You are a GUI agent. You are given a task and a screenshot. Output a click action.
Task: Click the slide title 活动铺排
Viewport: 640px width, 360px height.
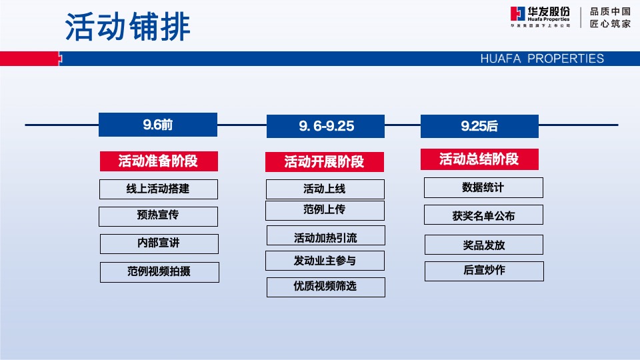(127, 27)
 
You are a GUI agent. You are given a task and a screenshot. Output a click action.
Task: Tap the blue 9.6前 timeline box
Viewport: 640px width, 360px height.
(158, 125)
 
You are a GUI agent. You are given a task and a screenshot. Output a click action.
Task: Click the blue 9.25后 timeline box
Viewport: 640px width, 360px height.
(479, 126)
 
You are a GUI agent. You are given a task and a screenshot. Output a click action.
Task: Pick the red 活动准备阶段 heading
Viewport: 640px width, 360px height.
(158, 161)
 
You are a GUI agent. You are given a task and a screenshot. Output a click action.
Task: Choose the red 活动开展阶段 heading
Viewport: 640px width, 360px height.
(324, 162)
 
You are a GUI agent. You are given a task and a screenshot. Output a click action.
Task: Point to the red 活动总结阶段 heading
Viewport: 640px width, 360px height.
(479, 159)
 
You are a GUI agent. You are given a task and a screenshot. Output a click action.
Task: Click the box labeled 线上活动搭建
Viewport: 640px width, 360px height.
(158, 189)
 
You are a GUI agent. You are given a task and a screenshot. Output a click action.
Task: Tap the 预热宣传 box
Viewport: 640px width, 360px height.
(158, 216)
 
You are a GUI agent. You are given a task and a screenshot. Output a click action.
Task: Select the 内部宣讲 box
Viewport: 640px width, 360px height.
(159, 244)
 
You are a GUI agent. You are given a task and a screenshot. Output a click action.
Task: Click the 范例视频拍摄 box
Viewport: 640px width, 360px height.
(159, 272)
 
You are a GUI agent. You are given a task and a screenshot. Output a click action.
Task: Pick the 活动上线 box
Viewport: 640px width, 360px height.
(325, 189)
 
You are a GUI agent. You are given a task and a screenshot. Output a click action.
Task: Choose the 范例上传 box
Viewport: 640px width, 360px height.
(325, 210)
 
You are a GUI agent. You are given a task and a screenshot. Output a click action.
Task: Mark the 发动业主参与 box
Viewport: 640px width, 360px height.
(325, 261)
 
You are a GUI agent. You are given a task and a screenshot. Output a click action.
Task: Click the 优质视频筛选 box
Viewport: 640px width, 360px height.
(325, 287)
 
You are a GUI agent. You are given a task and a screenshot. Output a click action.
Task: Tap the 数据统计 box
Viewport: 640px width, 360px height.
(483, 188)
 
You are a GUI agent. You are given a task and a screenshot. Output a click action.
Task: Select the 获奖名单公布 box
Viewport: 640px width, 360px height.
(483, 215)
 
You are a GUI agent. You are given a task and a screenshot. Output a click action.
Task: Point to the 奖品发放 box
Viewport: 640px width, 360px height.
(483, 245)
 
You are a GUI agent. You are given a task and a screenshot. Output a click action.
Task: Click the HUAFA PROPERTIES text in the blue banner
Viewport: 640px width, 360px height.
(541, 59)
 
